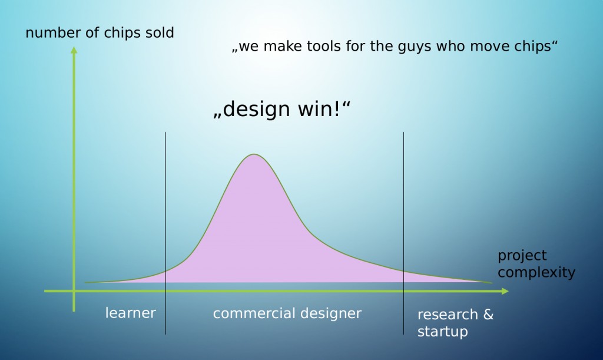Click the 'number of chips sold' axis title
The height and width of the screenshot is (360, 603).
[x=100, y=33]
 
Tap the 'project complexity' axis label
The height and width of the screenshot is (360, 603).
[x=536, y=264]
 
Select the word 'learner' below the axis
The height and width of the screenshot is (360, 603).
[x=131, y=313]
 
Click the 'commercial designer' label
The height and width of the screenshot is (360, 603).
[x=287, y=313]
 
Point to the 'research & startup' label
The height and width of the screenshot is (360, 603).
[x=455, y=323]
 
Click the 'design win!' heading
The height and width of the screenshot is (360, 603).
[x=282, y=109]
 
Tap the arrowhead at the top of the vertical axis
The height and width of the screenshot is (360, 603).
[x=74, y=50]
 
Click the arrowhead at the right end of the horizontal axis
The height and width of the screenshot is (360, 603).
[x=505, y=291]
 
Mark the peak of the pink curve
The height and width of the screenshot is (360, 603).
[x=254, y=154]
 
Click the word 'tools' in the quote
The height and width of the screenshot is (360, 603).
[x=324, y=46]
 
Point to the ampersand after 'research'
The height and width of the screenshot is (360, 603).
[x=488, y=314]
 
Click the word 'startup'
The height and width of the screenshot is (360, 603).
[x=443, y=332]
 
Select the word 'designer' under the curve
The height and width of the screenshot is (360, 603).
[x=331, y=314]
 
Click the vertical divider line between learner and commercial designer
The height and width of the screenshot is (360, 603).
[x=165, y=233]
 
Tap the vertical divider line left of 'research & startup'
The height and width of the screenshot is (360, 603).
[x=403, y=233]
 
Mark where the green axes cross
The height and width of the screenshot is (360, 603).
[x=74, y=291]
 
